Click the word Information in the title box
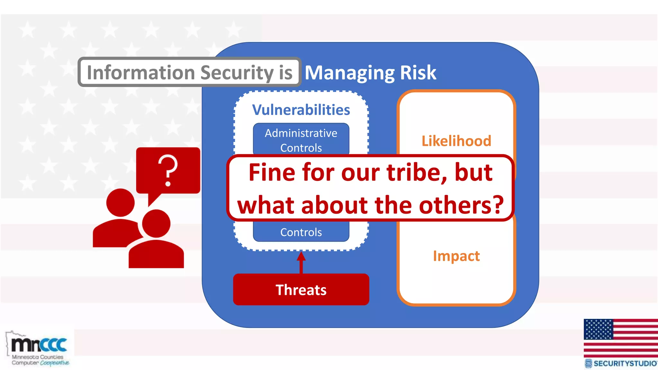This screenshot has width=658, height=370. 141,73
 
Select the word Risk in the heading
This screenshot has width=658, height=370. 418,73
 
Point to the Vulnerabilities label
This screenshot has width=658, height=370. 301,110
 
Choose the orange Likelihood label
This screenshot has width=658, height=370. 456,141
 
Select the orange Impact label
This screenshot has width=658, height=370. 456,256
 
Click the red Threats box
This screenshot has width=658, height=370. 301,290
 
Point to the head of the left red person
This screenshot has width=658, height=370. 120,203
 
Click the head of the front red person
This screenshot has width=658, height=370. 156,224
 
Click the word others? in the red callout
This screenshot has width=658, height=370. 461,205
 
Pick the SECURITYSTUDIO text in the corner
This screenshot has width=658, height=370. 625,364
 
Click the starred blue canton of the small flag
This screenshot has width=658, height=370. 598,329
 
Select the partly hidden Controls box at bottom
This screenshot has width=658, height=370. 301,232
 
